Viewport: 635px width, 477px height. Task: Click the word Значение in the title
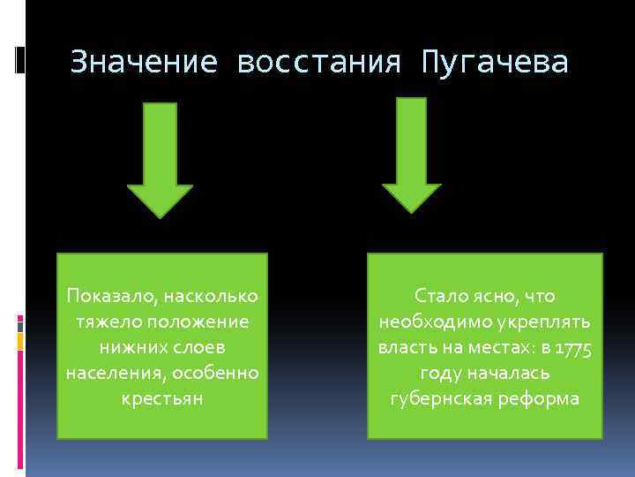[x=144, y=62]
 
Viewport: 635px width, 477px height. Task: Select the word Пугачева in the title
[x=496, y=62]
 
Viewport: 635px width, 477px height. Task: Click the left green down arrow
[x=161, y=159]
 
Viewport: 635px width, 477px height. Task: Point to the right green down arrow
[x=411, y=155]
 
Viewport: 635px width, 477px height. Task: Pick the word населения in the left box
[x=108, y=373]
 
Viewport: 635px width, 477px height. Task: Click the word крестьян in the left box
[x=162, y=398]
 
